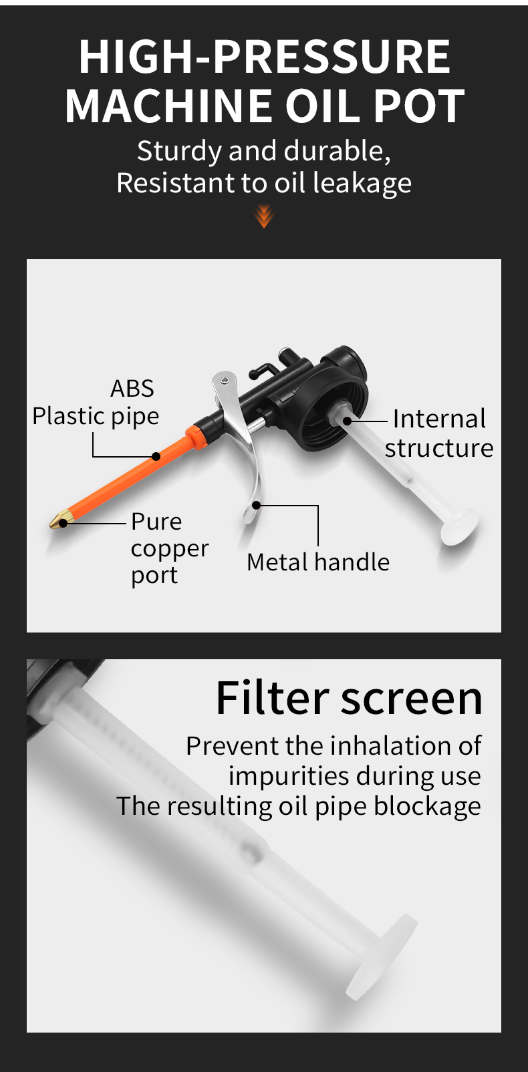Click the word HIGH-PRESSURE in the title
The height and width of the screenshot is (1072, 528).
264,57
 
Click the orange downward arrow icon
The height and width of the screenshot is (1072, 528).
264,216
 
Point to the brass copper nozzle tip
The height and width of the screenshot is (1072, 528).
59,520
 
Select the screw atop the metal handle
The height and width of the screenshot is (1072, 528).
225,381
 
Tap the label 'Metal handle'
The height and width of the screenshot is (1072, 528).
318,562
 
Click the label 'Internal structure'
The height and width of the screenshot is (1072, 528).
439,433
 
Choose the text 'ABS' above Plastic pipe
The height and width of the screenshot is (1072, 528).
132,388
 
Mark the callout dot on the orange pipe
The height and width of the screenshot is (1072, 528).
156,457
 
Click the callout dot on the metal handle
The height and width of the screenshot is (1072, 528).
257,505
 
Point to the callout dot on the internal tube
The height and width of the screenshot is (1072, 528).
348,421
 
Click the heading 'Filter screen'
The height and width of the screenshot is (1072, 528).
349,698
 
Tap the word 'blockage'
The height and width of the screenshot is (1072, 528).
427,806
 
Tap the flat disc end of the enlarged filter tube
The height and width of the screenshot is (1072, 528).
382,956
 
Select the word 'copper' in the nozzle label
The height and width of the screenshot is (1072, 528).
170,550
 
